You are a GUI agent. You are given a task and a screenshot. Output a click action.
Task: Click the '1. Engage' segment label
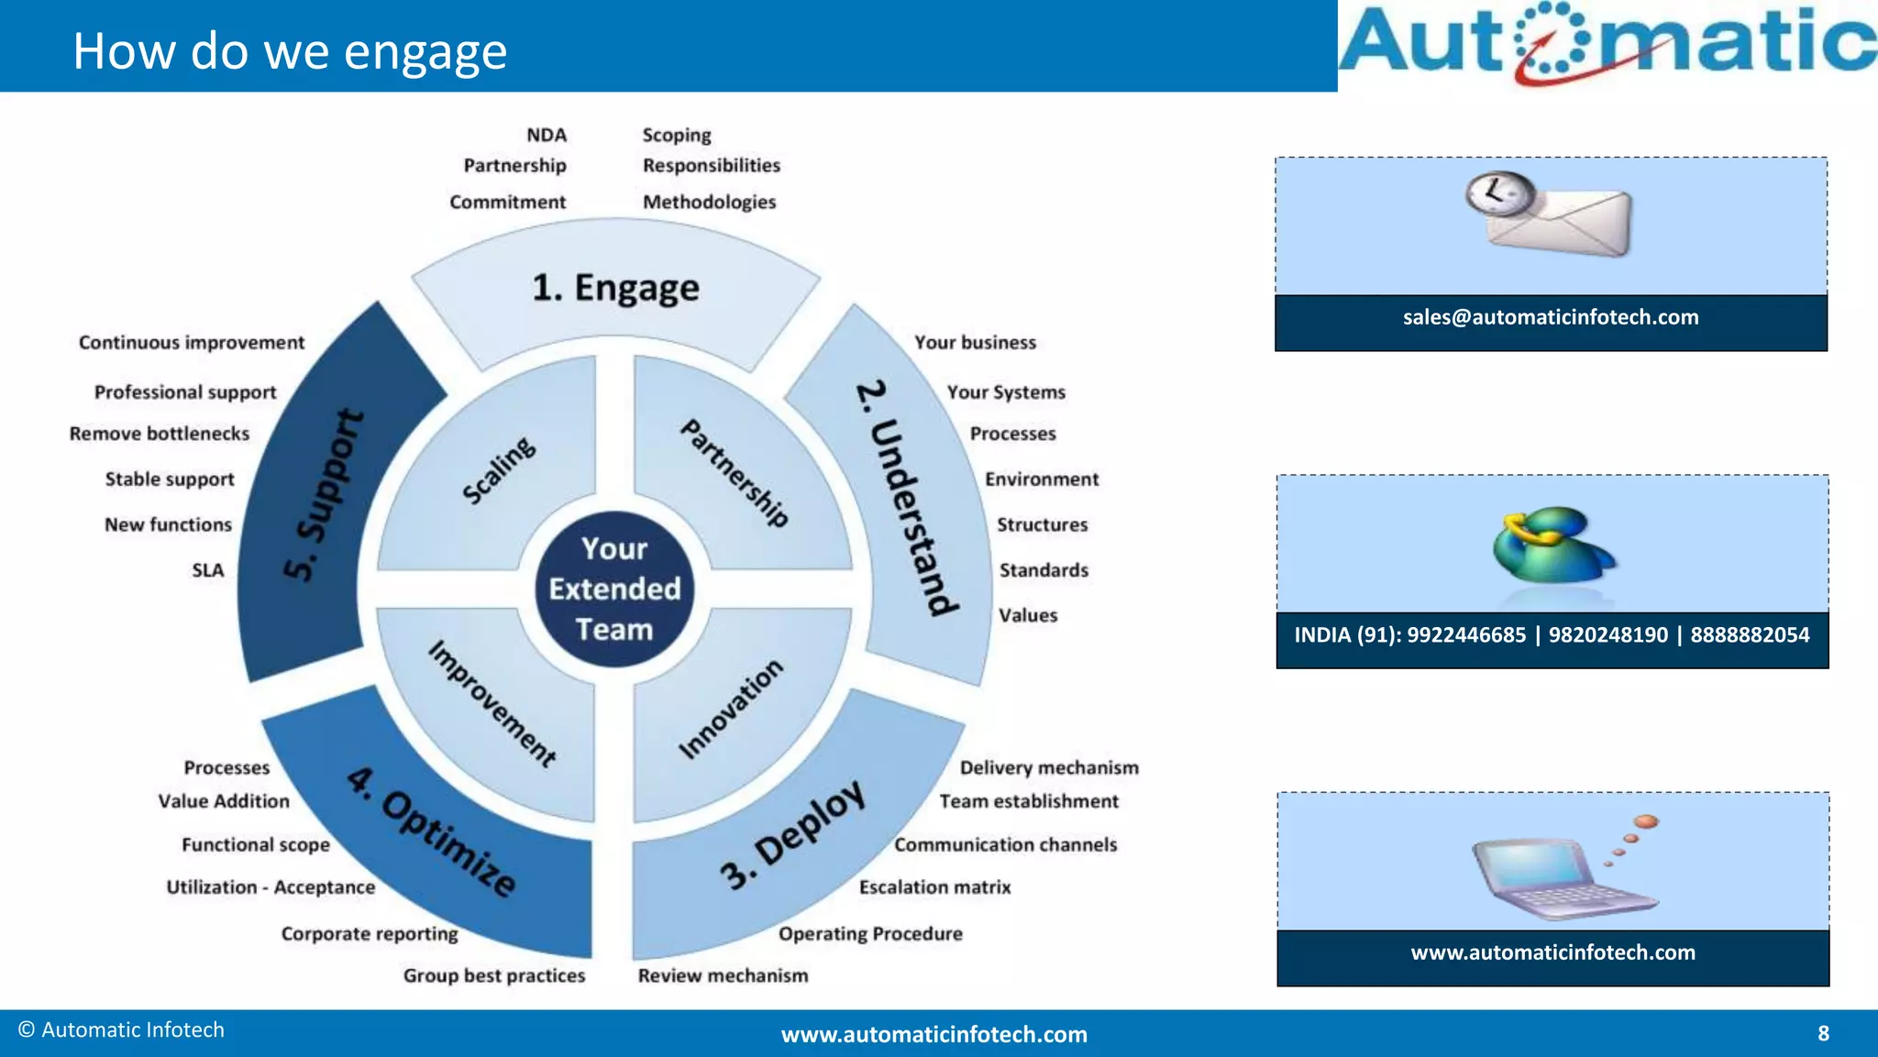(615, 288)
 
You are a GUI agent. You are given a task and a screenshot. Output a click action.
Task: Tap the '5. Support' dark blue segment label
(323, 495)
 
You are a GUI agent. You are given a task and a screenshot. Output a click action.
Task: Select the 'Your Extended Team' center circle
(614, 589)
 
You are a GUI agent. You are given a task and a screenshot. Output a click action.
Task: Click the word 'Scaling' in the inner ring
(498, 470)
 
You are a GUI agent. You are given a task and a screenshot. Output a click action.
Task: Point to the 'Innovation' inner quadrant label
(731, 709)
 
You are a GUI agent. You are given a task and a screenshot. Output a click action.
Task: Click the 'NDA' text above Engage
(547, 135)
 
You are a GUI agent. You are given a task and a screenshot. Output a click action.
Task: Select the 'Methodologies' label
(709, 202)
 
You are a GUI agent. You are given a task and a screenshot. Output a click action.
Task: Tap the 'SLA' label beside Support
(208, 570)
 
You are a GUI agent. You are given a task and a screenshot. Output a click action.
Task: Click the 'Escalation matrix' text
(934, 887)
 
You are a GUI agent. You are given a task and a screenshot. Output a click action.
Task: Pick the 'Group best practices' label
(493, 975)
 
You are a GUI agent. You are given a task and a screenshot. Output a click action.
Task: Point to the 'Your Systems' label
(1006, 392)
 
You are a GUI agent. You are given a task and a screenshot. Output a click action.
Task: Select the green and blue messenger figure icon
(1552, 545)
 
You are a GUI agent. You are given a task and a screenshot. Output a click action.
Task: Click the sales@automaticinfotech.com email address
(1551, 317)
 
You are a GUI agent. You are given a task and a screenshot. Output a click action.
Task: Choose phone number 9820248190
(1607, 635)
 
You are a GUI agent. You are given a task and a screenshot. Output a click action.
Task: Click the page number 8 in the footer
(1823, 1034)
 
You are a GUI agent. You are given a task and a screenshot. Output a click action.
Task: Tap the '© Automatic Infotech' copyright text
(121, 1030)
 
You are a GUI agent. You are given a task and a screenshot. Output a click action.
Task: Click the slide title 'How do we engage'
(290, 51)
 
